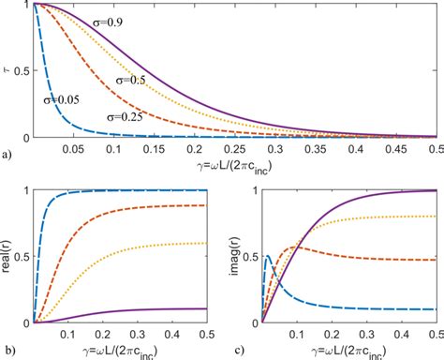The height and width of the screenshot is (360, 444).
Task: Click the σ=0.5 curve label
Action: point(133,81)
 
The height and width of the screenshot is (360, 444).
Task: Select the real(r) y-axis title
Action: point(7,255)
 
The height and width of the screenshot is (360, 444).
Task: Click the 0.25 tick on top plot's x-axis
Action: point(238,149)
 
